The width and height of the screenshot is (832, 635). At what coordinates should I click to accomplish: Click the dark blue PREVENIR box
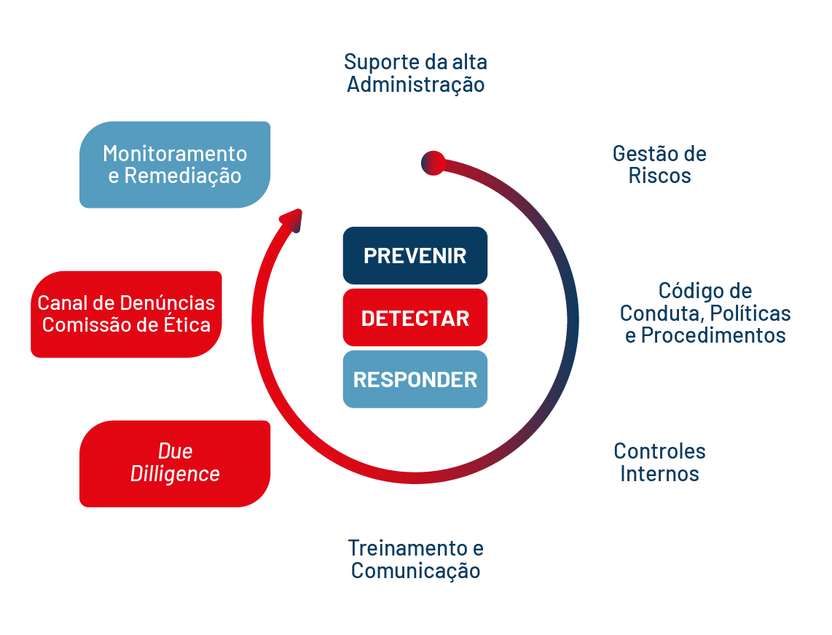pyautogui.click(x=415, y=256)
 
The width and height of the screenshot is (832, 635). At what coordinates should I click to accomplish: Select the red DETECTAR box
pyautogui.click(x=415, y=318)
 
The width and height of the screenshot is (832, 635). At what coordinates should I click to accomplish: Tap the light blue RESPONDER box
pyautogui.click(x=415, y=379)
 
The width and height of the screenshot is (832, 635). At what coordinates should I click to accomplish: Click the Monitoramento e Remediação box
pyautogui.click(x=175, y=165)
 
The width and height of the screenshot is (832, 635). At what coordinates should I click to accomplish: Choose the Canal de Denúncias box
pyautogui.click(x=126, y=313)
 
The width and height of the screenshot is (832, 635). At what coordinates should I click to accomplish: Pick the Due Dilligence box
pyautogui.click(x=175, y=463)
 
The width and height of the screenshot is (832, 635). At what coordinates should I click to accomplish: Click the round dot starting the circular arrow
pyautogui.click(x=433, y=163)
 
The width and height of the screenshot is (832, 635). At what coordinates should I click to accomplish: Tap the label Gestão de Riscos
pyautogui.click(x=659, y=165)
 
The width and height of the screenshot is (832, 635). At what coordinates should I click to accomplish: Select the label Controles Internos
pyautogui.click(x=659, y=462)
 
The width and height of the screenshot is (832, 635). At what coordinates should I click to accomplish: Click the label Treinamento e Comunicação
pyautogui.click(x=415, y=558)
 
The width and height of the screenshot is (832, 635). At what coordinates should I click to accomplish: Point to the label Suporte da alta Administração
pyautogui.click(x=415, y=73)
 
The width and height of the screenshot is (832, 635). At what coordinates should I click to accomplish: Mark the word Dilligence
pyautogui.click(x=175, y=474)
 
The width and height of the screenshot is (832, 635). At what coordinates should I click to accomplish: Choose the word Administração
pyautogui.click(x=415, y=85)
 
